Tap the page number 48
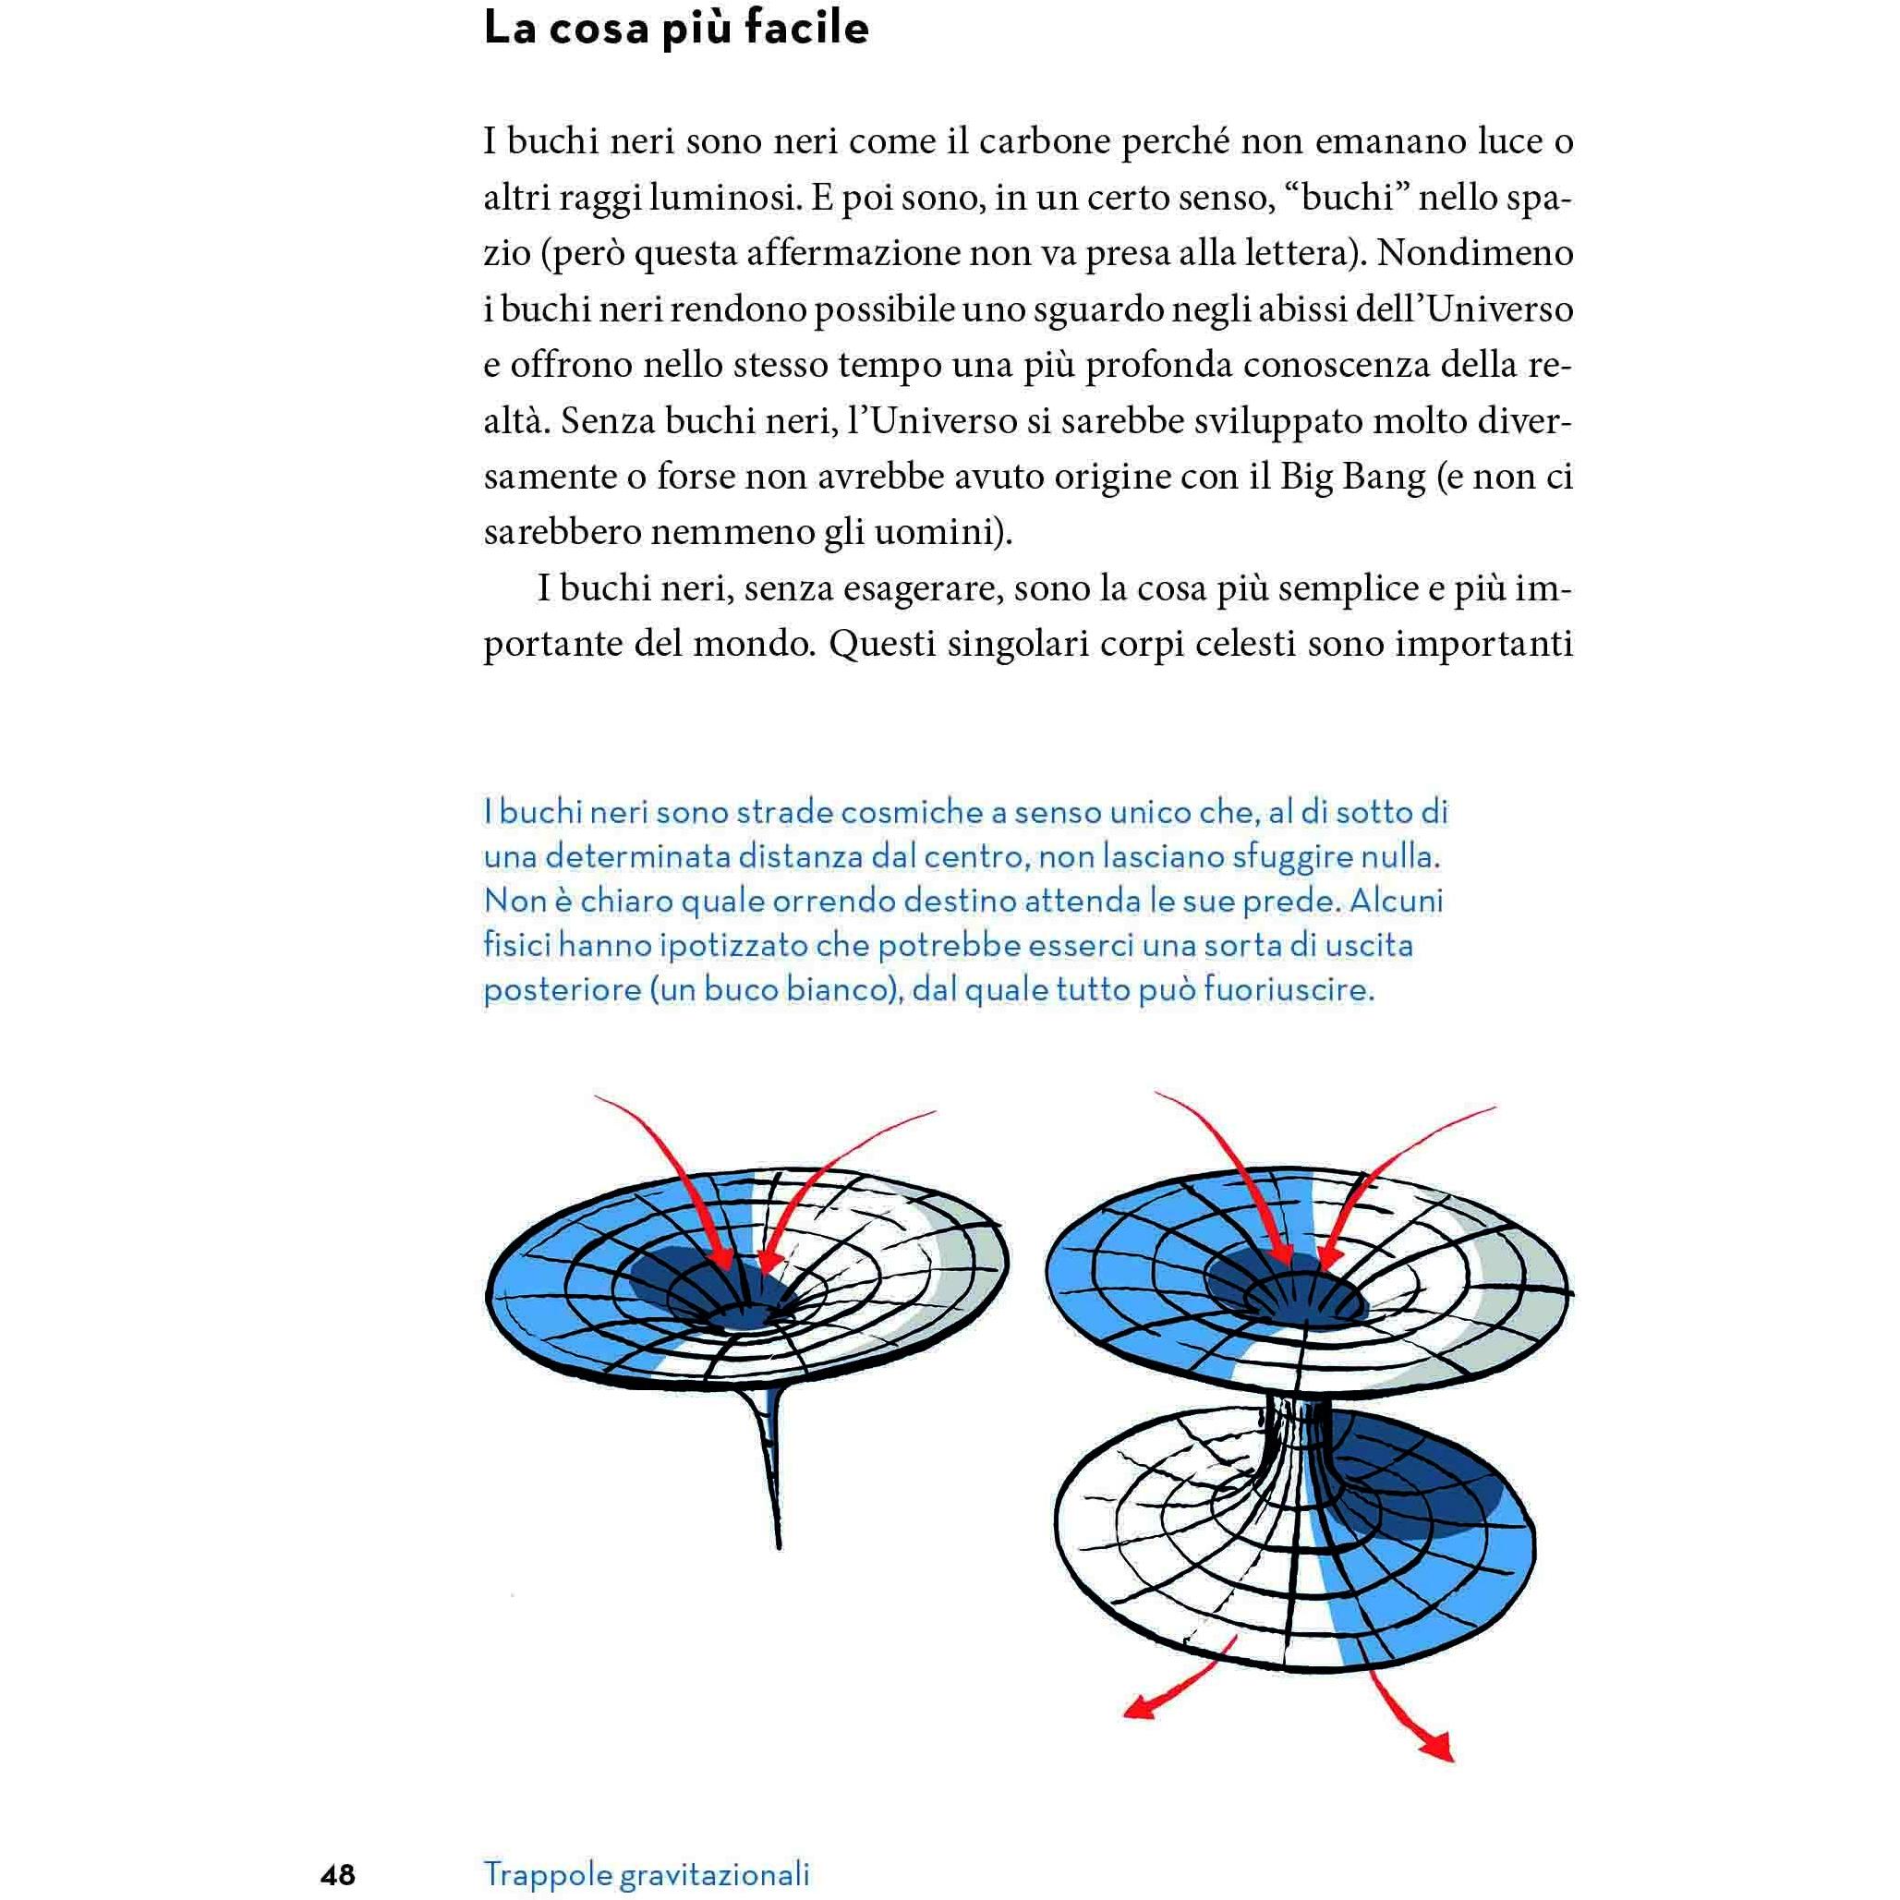337,1874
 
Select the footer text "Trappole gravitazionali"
647,1873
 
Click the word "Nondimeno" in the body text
1475,254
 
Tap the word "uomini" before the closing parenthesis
944,534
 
